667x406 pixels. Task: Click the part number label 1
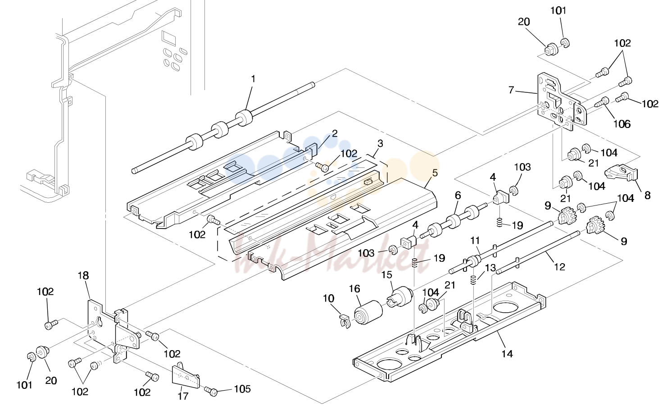[x=253, y=79]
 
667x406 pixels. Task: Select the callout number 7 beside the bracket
[x=511, y=90]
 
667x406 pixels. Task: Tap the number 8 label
[x=647, y=196]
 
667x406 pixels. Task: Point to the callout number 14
[x=507, y=354]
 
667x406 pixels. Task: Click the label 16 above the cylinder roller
[x=354, y=289]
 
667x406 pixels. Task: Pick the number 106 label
[x=622, y=123]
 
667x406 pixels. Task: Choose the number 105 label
[x=242, y=389]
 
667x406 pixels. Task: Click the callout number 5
[x=435, y=173]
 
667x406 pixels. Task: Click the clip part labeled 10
[x=345, y=321]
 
